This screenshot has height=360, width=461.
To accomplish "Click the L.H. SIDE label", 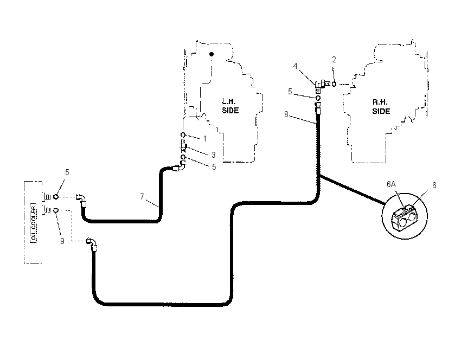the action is tap(230, 106).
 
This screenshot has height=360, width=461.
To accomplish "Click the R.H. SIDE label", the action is tap(381, 107).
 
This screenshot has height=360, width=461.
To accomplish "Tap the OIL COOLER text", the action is tap(34, 222).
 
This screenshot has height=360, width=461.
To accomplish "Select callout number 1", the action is tap(205, 139).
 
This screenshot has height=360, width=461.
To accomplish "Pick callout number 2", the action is tap(334, 60).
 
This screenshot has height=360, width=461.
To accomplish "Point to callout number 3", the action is tap(214, 155).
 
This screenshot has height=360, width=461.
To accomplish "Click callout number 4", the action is tap(296, 66).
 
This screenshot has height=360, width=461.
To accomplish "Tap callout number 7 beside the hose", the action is tap(142, 196).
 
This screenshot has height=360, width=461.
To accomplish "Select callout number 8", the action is tap(286, 114).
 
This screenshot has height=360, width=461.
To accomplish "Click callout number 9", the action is tap(62, 241).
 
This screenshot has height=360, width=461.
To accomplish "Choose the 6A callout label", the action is tap(392, 184).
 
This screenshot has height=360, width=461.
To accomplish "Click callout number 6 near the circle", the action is tap(434, 185).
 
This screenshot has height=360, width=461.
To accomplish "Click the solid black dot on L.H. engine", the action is tap(212, 54).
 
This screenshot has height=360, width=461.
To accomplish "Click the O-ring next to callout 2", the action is tap(334, 84).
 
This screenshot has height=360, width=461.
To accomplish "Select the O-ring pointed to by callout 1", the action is tap(183, 135).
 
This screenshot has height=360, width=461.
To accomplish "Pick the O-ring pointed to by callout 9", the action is tap(56, 210).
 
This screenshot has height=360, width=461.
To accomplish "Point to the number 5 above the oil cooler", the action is tap(67, 172).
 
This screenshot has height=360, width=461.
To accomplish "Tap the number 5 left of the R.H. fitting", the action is tap(290, 92).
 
